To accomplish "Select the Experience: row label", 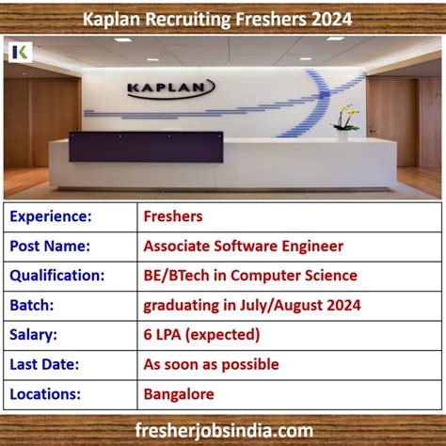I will pyautogui.click(x=51, y=216).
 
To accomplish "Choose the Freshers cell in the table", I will pyautogui.click(x=173, y=216).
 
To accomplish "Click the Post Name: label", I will pyautogui.click(x=50, y=246).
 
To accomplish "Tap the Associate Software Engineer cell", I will pyautogui.click(x=243, y=246).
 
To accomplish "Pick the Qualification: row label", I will pyautogui.click(x=56, y=275).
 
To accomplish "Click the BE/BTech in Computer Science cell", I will pyautogui.click(x=250, y=275).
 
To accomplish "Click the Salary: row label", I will pyautogui.click(x=36, y=334).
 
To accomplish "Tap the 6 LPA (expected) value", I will pyautogui.click(x=201, y=334).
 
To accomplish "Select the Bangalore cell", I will pyautogui.click(x=179, y=393).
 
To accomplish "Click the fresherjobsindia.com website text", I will pyautogui.click(x=223, y=429).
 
